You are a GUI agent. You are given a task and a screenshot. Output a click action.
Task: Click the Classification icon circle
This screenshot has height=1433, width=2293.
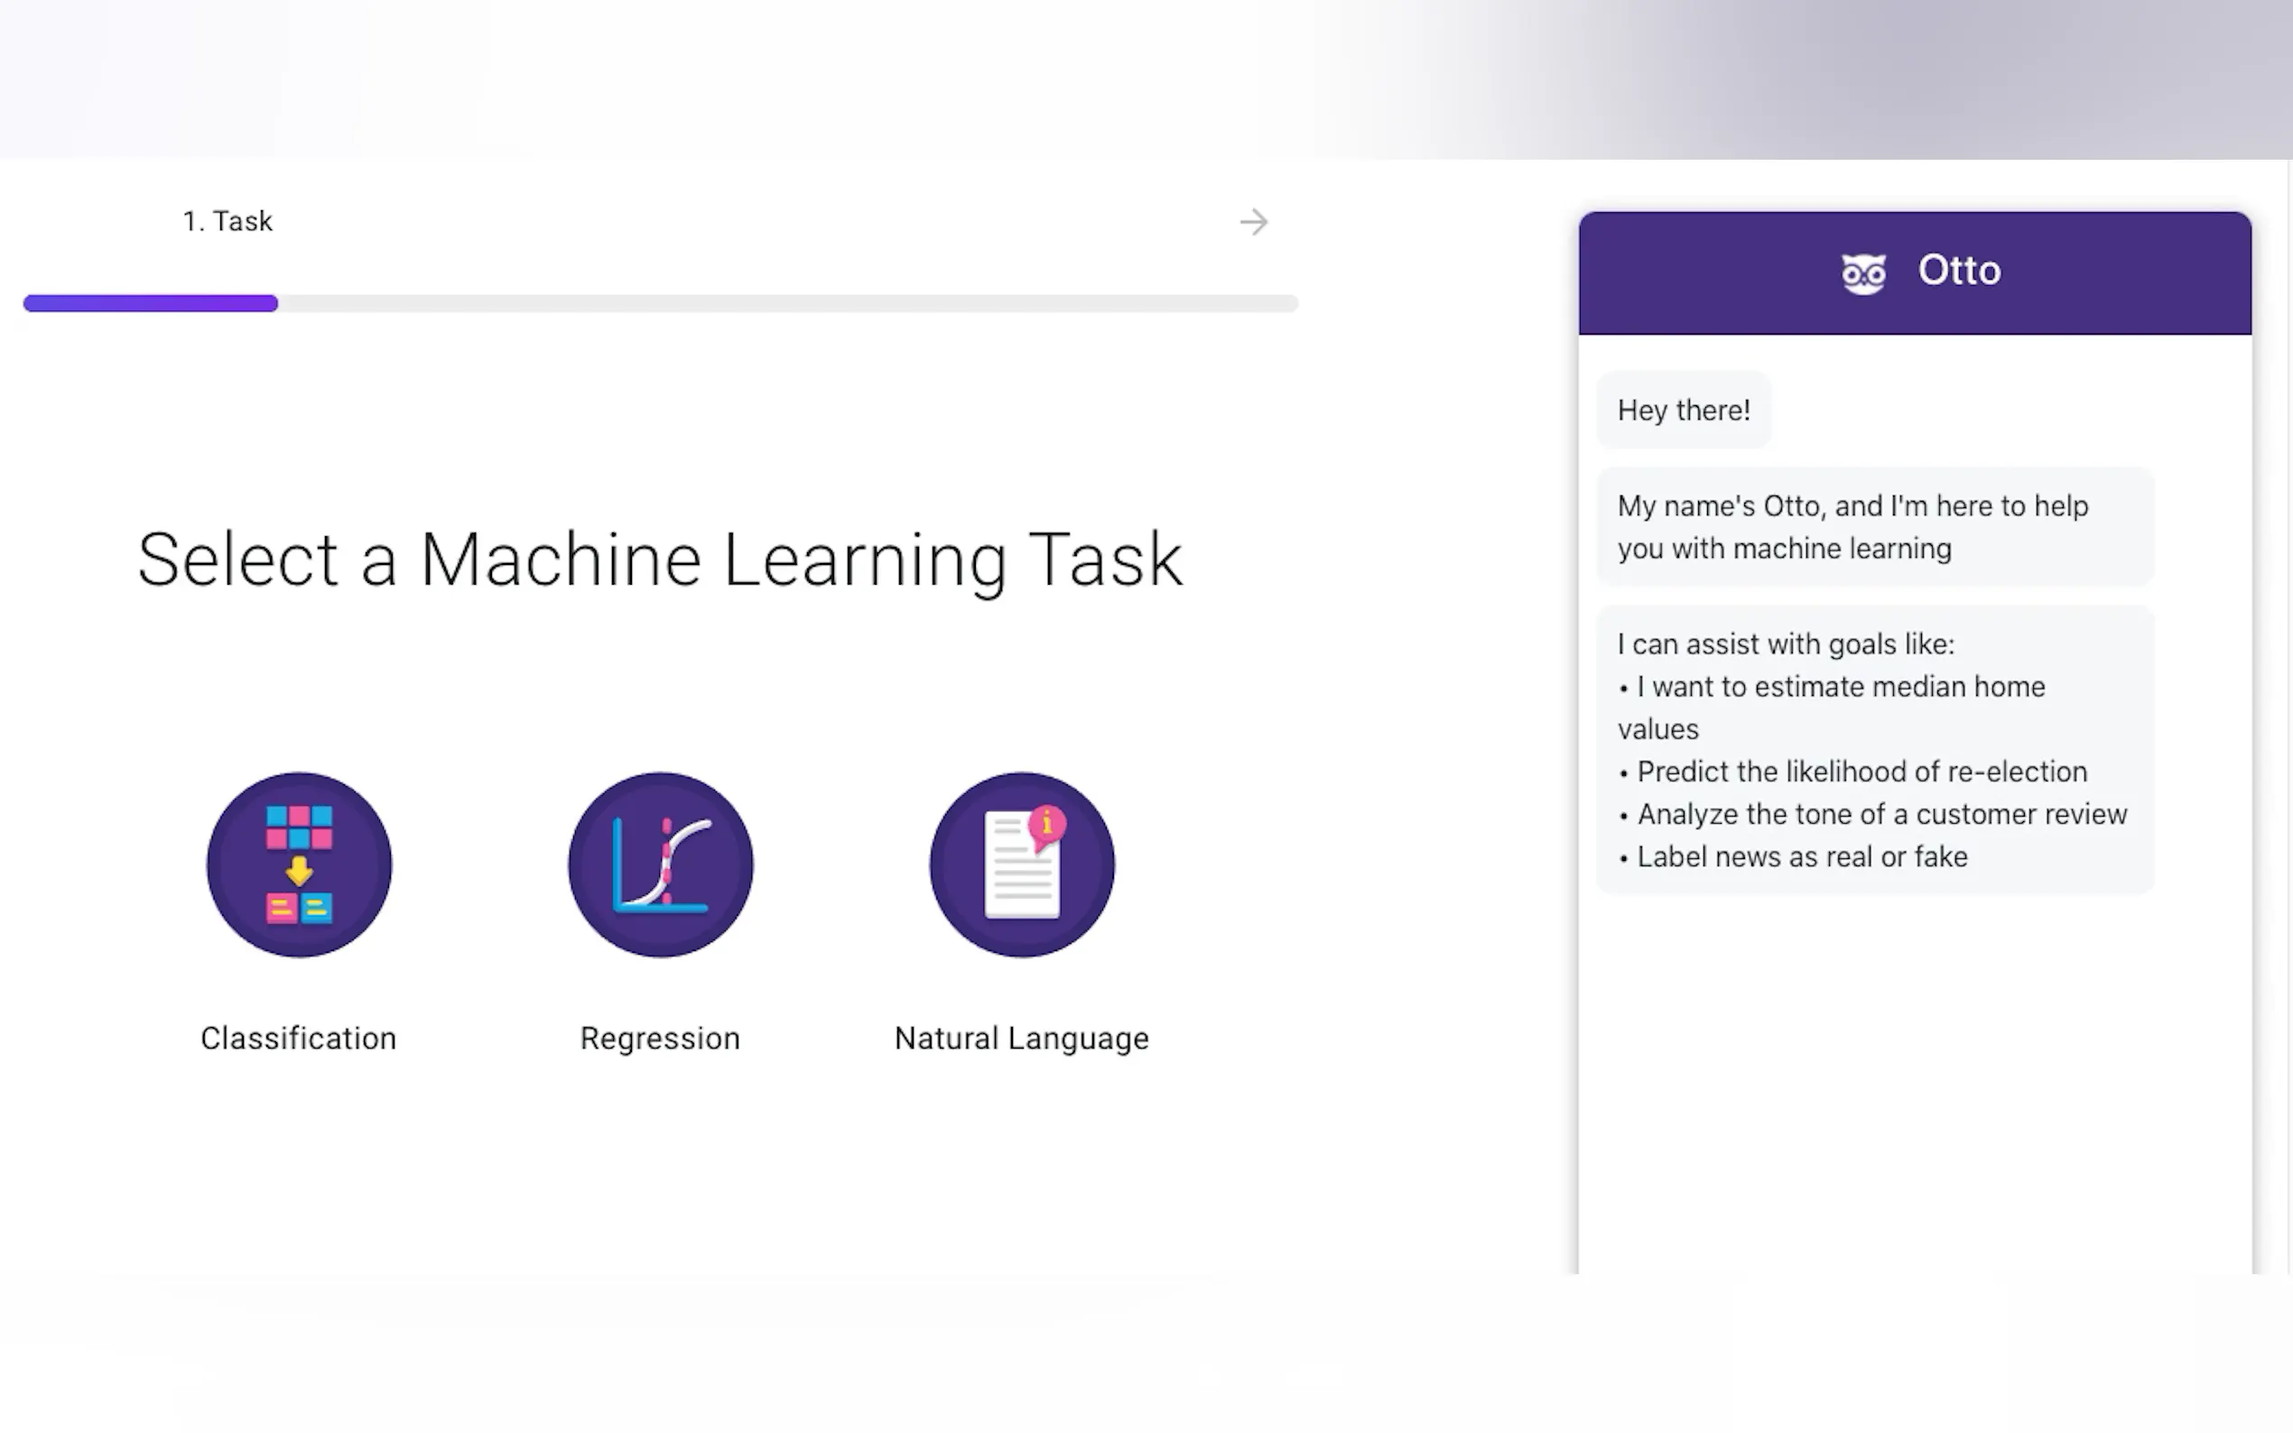pyautogui.click(x=299, y=864)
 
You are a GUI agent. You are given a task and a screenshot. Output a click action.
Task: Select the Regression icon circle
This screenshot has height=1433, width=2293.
pyautogui.click(x=661, y=864)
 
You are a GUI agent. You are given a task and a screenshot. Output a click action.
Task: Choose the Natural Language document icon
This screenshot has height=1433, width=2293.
pyautogui.click(x=1022, y=864)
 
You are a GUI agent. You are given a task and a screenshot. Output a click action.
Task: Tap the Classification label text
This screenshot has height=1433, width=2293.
pyautogui.click(x=299, y=1039)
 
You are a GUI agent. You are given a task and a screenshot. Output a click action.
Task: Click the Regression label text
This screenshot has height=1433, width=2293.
pyautogui.click(x=660, y=1039)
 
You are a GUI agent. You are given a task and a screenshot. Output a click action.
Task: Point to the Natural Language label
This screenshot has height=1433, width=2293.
pyautogui.click(x=1022, y=1039)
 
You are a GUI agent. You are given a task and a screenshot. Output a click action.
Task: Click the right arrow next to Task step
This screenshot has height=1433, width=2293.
pyautogui.click(x=1253, y=222)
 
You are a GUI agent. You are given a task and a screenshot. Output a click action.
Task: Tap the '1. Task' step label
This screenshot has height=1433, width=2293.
pyautogui.click(x=227, y=221)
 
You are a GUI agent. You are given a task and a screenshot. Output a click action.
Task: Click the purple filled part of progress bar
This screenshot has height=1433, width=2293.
pyautogui.click(x=151, y=303)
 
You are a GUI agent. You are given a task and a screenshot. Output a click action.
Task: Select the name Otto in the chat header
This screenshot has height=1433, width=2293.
pyautogui.click(x=1959, y=271)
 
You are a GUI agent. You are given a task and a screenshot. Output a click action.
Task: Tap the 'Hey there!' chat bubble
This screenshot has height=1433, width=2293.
pyautogui.click(x=1684, y=411)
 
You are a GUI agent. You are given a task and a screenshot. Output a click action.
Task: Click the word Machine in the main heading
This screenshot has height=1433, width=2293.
pyautogui.click(x=562, y=559)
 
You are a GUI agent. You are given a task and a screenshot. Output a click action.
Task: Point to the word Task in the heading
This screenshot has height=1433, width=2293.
pyautogui.click(x=1105, y=559)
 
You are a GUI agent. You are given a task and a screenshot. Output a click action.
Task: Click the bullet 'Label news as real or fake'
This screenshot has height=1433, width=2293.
pyautogui.click(x=1794, y=856)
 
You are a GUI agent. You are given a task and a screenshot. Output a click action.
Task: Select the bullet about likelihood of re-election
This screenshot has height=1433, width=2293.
pyautogui.click(x=1853, y=772)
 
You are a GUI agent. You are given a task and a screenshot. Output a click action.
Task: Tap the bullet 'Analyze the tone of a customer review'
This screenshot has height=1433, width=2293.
pyautogui.click(x=1873, y=814)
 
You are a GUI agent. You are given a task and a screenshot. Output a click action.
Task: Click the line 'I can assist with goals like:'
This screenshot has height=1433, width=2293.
pyautogui.click(x=1786, y=644)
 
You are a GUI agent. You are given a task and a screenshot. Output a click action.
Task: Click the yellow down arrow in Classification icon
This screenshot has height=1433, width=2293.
pyautogui.click(x=300, y=870)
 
